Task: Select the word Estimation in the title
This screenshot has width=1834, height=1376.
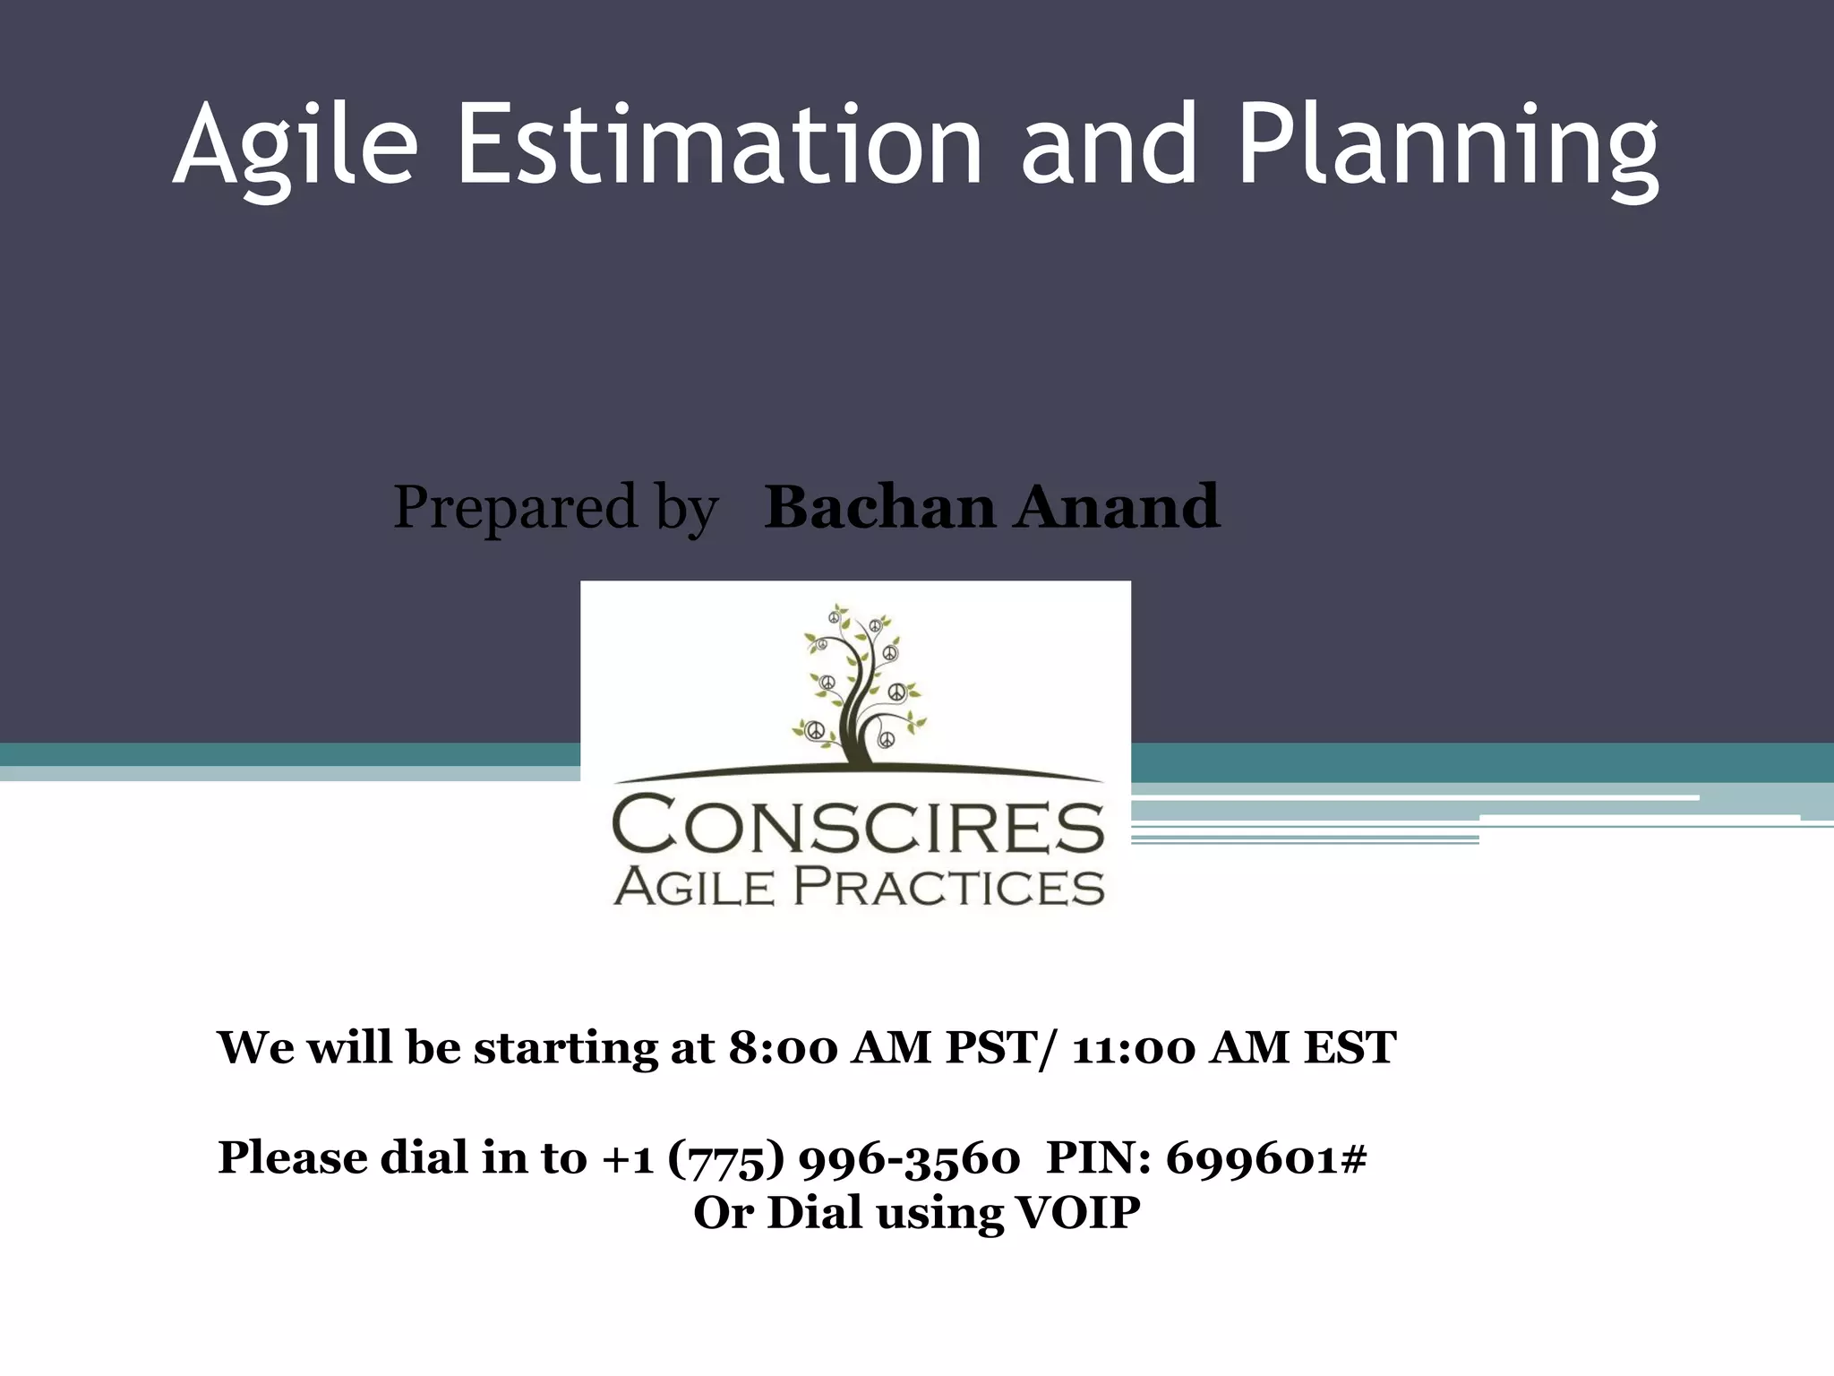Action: tap(721, 143)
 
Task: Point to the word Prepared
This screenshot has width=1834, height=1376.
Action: tap(515, 507)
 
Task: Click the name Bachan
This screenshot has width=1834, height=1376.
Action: tap(879, 507)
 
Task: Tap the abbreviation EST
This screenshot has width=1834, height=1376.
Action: tap(1349, 1047)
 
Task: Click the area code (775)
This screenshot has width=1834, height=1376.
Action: tap(726, 1158)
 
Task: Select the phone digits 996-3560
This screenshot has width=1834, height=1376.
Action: tap(908, 1158)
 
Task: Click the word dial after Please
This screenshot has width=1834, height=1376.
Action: tap(425, 1158)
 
